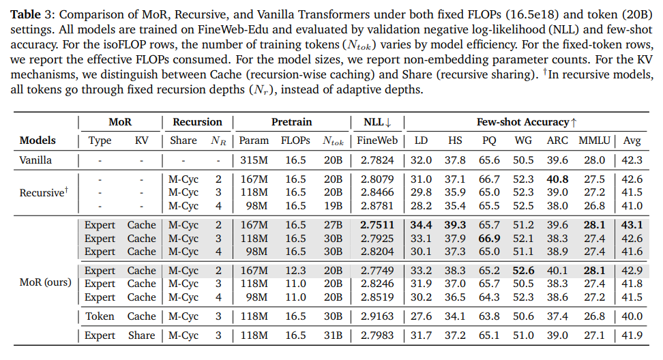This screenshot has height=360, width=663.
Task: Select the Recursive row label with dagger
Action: click(x=43, y=192)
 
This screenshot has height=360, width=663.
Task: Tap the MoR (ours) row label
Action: click(x=45, y=282)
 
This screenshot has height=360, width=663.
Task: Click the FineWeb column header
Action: click(x=378, y=140)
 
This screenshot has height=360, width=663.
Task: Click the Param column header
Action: click(x=254, y=140)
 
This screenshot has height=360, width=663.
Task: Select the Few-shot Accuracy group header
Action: click(x=526, y=122)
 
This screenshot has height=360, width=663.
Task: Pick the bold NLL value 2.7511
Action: click(x=378, y=224)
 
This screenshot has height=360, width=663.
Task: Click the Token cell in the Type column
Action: click(x=100, y=316)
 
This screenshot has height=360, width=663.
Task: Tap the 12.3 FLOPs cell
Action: click(x=295, y=270)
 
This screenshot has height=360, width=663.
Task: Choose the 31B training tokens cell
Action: click(x=334, y=335)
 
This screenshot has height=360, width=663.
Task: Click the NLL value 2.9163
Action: click(x=378, y=316)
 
